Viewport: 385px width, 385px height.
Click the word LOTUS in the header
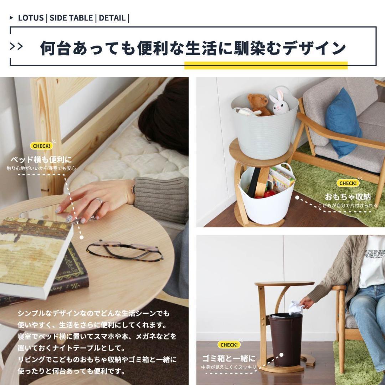tap(31, 18)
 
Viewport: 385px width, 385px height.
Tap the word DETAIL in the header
tap(112, 18)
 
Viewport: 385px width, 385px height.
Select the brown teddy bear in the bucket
tap(258, 104)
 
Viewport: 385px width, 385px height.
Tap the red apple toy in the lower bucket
tap(269, 194)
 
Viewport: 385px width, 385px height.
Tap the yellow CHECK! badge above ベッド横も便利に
tap(42, 146)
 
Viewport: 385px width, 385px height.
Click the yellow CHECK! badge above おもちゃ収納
tap(348, 183)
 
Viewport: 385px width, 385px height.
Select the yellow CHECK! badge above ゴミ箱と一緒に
tap(229, 345)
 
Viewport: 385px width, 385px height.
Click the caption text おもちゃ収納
tap(348, 197)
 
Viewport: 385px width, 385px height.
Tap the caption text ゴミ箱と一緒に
tap(229, 358)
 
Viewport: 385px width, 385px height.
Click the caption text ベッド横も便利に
tap(41, 159)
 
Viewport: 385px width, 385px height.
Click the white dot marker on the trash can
tap(281, 355)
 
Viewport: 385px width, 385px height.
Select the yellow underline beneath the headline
tap(266, 65)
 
